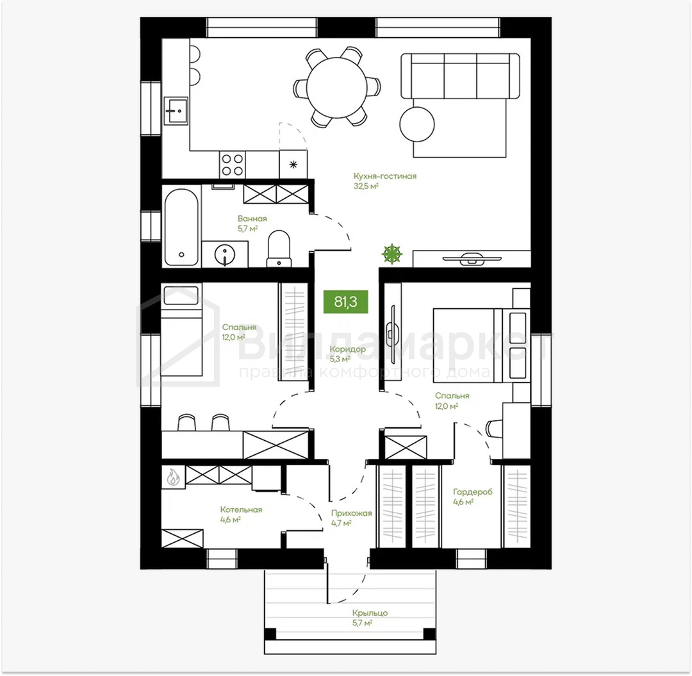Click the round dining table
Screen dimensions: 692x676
pyautogui.click(x=337, y=87)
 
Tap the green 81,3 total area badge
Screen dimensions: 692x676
pyautogui.click(x=345, y=302)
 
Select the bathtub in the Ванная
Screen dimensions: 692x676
pyautogui.click(x=181, y=227)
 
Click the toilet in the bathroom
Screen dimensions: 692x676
pyautogui.click(x=279, y=249)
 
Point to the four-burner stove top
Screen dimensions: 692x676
pyautogui.click(x=232, y=165)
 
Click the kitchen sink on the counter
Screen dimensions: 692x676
pyautogui.click(x=176, y=111)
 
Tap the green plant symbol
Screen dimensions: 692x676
pyautogui.click(x=392, y=254)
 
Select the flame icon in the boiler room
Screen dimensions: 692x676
pyautogui.click(x=172, y=477)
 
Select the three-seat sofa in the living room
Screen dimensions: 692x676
pyautogui.click(x=460, y=76)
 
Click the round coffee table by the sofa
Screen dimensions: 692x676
pyautogui.click(x=417, y=124)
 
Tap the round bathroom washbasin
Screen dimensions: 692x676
pyautogui.click(x=225, y=254)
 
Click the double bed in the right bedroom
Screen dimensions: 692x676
pyautogui.click(x=481, y=345)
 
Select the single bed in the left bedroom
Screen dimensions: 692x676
pyautogui.click(x=181, y=331)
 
